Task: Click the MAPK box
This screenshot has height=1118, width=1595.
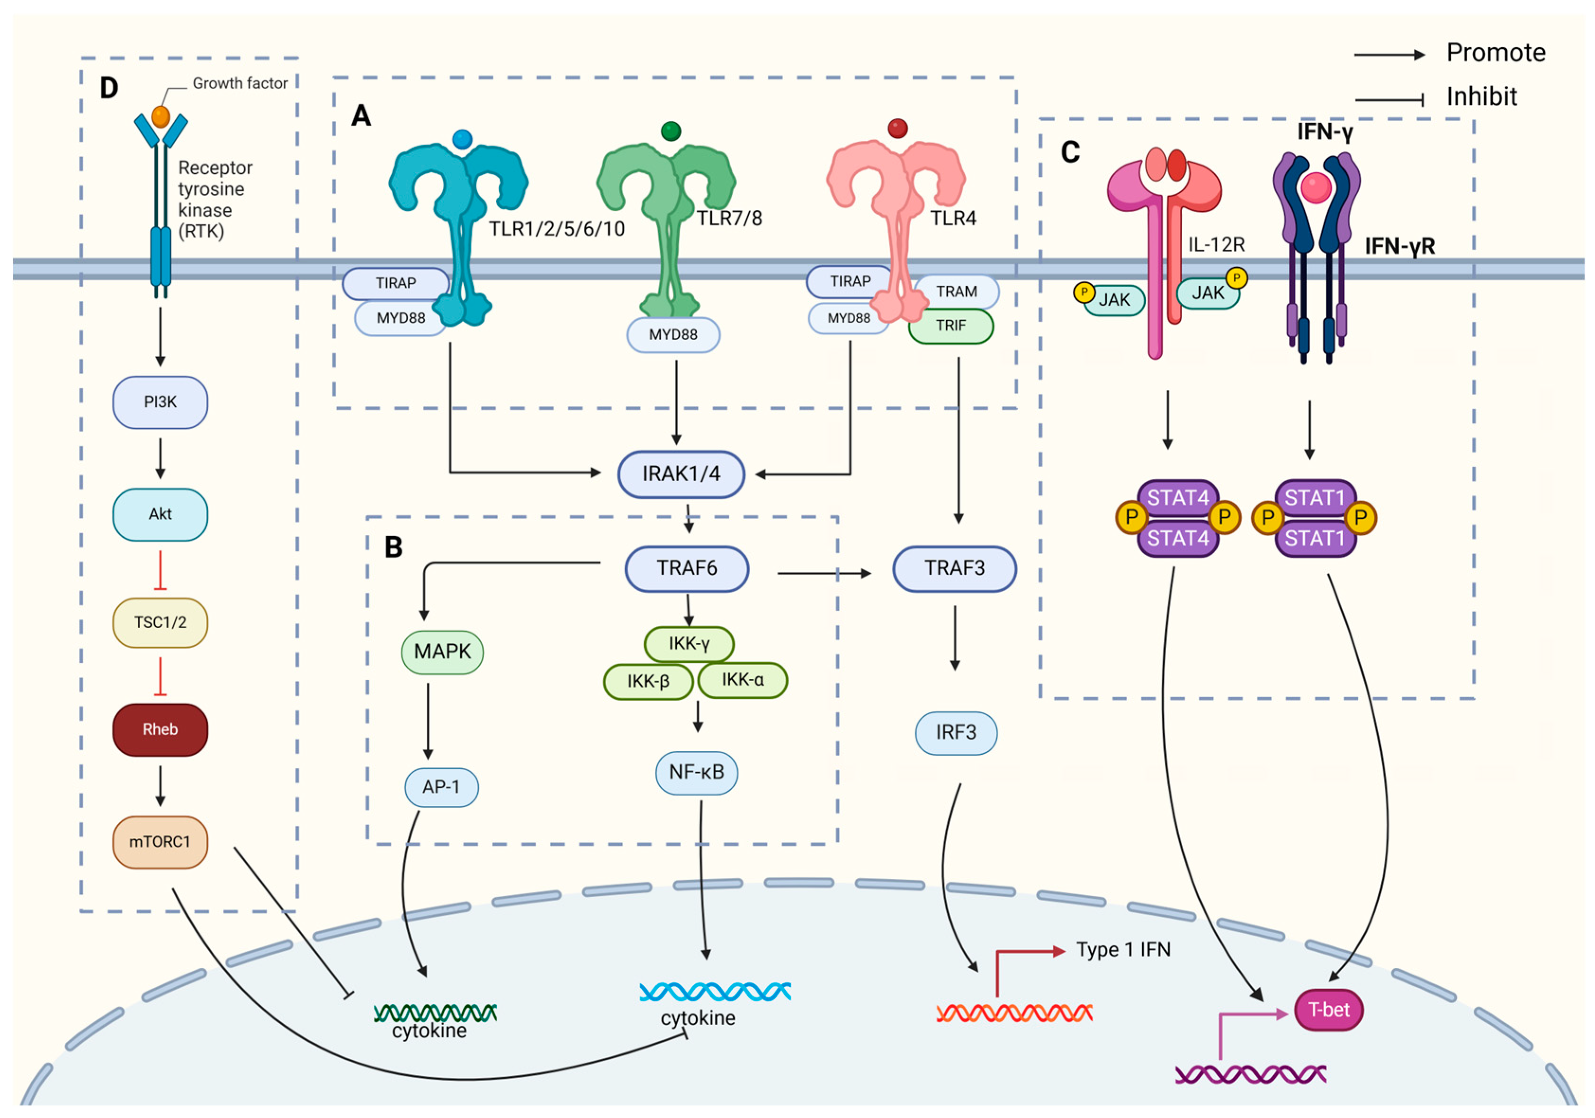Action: [x=442, y=652]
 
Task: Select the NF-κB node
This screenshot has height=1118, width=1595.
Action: [x=696, y=772]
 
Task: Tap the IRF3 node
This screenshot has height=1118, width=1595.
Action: [x=955, y=732]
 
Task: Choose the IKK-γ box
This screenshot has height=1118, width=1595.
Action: [x=689, y=643]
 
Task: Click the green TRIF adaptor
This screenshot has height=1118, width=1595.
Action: [x=950, y=326]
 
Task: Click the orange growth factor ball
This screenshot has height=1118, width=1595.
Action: [x=161, y=116]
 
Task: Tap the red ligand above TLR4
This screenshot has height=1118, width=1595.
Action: [x=897, y=128]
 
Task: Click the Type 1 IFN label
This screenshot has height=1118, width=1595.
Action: [x=1123, y=949]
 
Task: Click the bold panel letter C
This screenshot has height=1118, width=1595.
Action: [x=1070, y=152]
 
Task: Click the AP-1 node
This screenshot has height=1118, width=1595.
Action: [x=441, y=787]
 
